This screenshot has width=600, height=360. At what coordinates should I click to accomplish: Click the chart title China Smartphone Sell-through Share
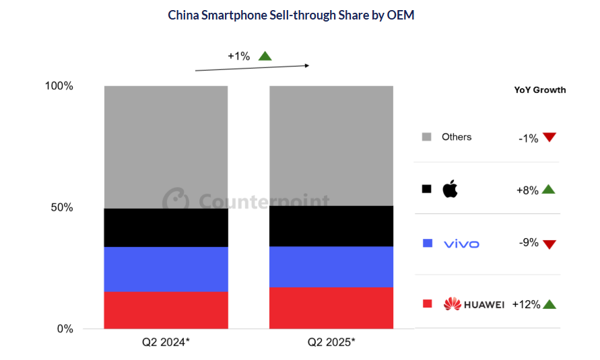coord(290,15)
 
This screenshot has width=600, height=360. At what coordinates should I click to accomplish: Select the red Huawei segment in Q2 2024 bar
coord(166,310)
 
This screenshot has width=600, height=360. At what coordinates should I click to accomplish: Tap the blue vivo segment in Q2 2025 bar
coord(331,267)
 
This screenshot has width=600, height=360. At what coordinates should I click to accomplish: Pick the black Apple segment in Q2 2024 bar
coord(166,228)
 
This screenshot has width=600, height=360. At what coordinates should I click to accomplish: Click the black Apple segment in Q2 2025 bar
coord(331,226)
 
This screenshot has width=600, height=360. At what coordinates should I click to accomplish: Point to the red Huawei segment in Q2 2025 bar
coord(331,308)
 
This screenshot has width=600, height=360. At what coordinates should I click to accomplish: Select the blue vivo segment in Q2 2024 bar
coord(166,269)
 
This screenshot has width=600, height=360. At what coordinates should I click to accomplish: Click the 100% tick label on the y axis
coord(59,86)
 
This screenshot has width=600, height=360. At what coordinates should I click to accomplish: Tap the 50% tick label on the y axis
coord(61,207)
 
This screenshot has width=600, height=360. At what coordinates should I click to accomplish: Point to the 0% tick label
coord(64,329)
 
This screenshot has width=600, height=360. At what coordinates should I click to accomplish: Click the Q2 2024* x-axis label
coord(166,342)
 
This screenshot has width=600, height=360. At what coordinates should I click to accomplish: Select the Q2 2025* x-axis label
coord(331,342)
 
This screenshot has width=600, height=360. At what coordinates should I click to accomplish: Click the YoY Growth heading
coord(539,89)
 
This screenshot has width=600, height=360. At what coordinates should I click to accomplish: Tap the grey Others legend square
coord(426,137)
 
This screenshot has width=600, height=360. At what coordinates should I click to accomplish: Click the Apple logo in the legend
coord(449,189)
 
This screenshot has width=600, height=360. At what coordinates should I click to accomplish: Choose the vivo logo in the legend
coord(461,244)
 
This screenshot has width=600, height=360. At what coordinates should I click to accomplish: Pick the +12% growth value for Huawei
coord(526,304)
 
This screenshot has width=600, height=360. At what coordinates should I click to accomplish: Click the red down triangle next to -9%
coord(549,244)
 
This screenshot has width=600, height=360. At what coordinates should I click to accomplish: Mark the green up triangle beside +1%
coord(265,56)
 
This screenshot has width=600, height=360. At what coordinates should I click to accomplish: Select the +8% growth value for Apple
coord(527,190)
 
